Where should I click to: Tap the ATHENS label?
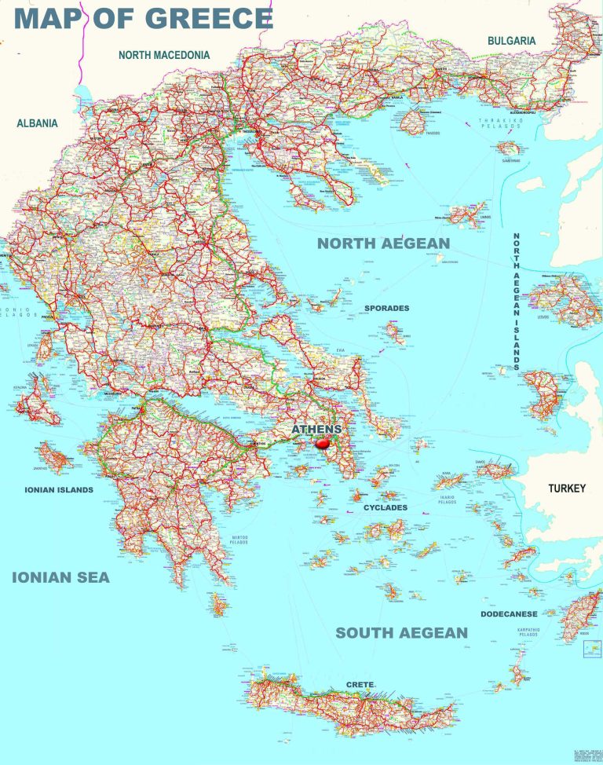click(316, 430)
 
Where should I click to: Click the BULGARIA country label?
click(511, 40)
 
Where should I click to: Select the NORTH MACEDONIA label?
click(164, 55)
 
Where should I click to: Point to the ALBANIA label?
click(37, 123)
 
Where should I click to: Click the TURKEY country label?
click(566, 489)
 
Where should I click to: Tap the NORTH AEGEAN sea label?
click(383, 243)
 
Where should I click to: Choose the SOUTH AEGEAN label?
click(401, 632)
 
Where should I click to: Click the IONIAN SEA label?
click(60, 578)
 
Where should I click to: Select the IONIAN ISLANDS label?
click(58, 490)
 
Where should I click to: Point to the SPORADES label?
click(386, 309)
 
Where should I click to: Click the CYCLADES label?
click(385, 508)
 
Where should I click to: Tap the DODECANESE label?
click(509, 614)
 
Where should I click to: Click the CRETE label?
click(360, 685)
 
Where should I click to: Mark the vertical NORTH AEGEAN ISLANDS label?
click(516, 302)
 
